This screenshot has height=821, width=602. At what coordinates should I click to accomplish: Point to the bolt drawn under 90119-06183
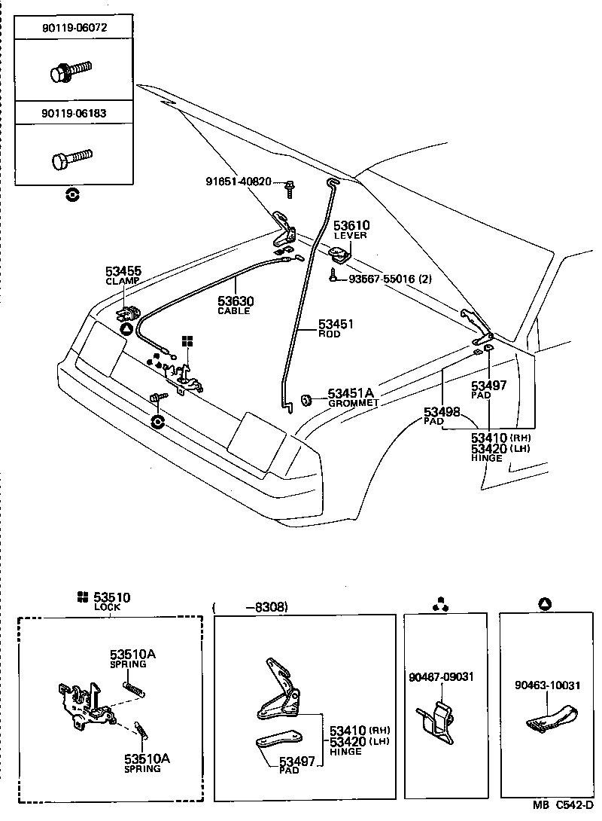71,159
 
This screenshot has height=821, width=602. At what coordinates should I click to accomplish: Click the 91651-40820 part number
239,182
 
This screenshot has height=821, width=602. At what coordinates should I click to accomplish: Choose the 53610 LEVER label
351,229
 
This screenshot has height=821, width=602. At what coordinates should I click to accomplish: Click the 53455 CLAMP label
123,275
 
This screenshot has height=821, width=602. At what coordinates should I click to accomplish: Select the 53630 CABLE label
236,305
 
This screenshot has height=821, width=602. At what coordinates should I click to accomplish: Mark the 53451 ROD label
335,328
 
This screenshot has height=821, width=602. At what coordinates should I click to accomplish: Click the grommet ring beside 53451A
307,398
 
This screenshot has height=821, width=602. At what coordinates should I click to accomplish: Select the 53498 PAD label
442,415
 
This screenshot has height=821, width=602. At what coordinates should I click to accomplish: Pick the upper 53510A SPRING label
132,658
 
